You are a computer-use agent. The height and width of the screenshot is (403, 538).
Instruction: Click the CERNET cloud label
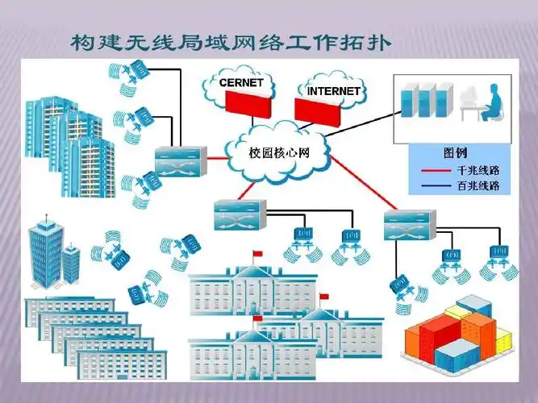pyautogui.click(x=241, y=81)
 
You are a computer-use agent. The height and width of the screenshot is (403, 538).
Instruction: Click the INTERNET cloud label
pyautogui.click(x=334, y=91)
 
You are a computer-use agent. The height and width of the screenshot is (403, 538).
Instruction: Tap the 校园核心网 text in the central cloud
pyautogui.click(x=278, y=152)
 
